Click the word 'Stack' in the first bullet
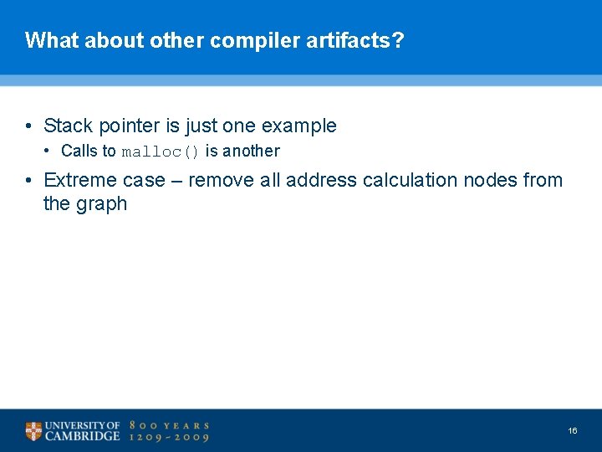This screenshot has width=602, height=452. [x=69, y=126]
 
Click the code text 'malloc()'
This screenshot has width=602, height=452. [x=161, y=152]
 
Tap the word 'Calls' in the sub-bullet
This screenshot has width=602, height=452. [x=79, y=152]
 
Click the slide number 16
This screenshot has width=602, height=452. [x=573, y=431]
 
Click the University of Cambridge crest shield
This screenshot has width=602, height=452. [x=33, y=432]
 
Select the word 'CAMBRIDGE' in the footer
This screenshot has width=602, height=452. [x=83, y=437]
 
